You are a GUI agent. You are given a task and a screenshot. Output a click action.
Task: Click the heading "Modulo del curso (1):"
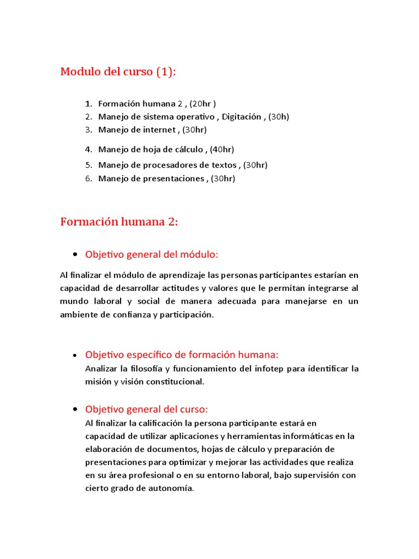[118, 72]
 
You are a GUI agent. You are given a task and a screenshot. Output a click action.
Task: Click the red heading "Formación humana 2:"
[119, 222]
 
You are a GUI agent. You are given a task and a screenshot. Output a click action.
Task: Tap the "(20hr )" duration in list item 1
[203, 104]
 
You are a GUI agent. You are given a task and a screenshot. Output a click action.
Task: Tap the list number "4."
[88, 149]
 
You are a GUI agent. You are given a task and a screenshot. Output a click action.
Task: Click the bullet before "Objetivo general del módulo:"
[74, 255]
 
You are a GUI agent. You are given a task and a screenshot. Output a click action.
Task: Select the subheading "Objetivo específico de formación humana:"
[182, 354]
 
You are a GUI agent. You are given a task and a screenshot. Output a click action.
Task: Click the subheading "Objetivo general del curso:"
[147, 409]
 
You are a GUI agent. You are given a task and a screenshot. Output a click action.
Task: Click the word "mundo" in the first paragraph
[72, 302]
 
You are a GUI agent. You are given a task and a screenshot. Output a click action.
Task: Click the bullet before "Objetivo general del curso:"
[74, 409]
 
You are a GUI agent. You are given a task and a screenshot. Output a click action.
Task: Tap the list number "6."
[88, 179]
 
